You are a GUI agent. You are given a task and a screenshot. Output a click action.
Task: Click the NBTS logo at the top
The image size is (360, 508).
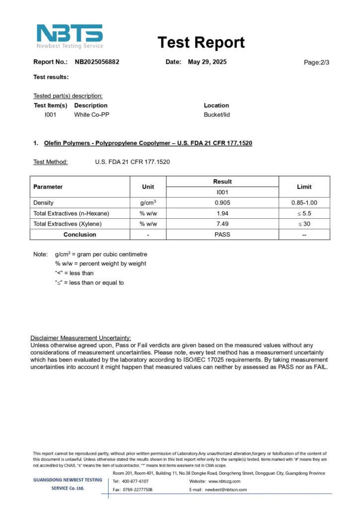tap(70, 36)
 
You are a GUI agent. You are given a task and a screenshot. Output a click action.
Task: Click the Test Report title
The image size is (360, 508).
tap(201, 43)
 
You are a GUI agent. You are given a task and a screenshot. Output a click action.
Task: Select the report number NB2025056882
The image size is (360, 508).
tap(97, 62)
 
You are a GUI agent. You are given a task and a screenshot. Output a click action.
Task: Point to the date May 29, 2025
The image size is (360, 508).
tap(207, 62)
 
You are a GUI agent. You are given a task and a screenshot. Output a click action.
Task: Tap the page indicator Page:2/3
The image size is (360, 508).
tap(316, 63)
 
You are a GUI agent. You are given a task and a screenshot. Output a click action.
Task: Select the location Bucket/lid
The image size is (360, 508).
tap(216, 115)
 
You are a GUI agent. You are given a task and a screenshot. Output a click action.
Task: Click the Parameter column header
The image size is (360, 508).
tap(48, 187)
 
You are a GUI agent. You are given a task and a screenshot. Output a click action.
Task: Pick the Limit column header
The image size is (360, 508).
tap(304, 187)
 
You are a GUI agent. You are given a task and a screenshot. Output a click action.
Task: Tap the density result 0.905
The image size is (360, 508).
tap(222, 203)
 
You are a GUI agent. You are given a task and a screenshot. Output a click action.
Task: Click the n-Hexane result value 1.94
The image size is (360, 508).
tap(222, 213)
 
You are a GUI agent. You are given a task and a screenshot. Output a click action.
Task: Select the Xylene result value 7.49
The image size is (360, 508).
tap(222, 224)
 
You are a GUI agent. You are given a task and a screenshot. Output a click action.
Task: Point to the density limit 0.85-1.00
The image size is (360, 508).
tap(304, 203)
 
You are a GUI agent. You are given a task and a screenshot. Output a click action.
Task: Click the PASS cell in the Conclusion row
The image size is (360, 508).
tap(222, 235)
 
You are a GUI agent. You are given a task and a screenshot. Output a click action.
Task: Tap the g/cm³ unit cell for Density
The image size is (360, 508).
tap(148, 203)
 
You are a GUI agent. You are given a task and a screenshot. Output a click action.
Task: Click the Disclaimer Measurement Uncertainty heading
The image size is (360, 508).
tap(80, 337)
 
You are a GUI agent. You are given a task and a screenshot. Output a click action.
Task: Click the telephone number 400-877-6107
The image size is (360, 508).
tap(135, 481)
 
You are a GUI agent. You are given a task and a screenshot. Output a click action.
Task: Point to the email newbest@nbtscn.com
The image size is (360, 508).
tap(226, 490)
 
